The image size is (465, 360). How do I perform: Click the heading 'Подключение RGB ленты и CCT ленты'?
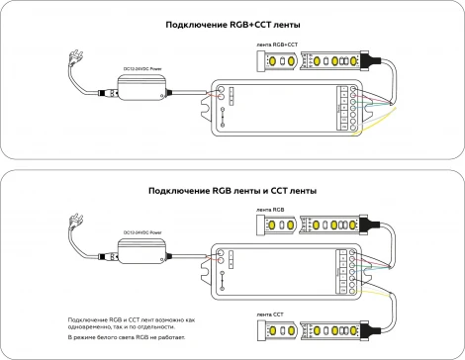pos(232,190)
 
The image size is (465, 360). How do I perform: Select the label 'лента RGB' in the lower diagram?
pos(270,211)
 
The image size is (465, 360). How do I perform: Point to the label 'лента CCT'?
pos(270,313)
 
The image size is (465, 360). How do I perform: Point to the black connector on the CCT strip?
pos(367,329)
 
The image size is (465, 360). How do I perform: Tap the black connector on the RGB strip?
pos(367,226)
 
